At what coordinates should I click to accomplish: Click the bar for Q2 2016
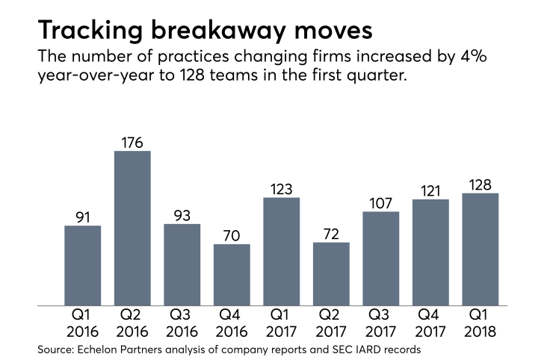[132, 229]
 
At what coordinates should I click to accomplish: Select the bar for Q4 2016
[232, 275]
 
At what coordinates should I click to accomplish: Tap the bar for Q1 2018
[481, 249]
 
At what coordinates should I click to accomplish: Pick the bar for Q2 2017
[331, 274]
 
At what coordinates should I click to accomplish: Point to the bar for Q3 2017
[381, 258]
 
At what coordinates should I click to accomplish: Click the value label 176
[132, 140]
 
